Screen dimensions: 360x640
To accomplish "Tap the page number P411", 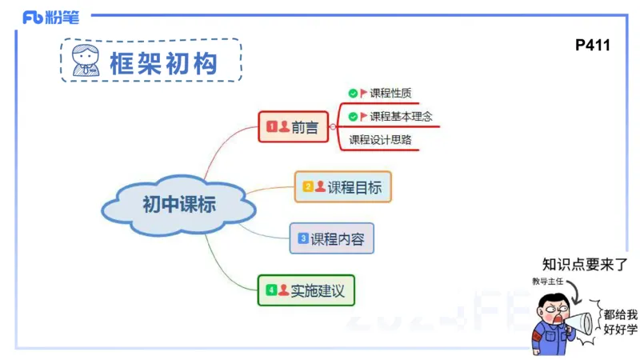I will [x=592, y=46].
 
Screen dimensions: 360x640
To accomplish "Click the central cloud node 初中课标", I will [x=179, y=204].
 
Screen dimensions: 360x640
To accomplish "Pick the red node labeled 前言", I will [x=294, y=126].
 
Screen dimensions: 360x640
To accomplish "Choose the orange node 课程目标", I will [x=343, y=186].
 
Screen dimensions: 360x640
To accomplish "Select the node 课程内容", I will [x=332, y=238].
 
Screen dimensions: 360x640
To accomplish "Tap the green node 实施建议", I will [x=306, y=290].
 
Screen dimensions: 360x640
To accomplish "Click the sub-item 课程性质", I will [x=390, y=94].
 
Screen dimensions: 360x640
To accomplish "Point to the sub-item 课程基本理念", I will [x=401, y=117].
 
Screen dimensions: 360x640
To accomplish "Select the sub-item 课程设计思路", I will [x=380, y=140].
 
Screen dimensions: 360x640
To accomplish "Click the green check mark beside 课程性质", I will [x=353, y=94].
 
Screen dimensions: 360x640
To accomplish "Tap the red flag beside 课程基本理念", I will [x=364, y=117].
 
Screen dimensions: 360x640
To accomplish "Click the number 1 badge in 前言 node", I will [x=271, y=126].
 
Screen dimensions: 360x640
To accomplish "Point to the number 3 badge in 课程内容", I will [x=303, y=238].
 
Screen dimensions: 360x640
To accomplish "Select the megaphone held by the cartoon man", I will [x=579, y=322].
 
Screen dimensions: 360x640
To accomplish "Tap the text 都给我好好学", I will [x=621, y=322].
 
